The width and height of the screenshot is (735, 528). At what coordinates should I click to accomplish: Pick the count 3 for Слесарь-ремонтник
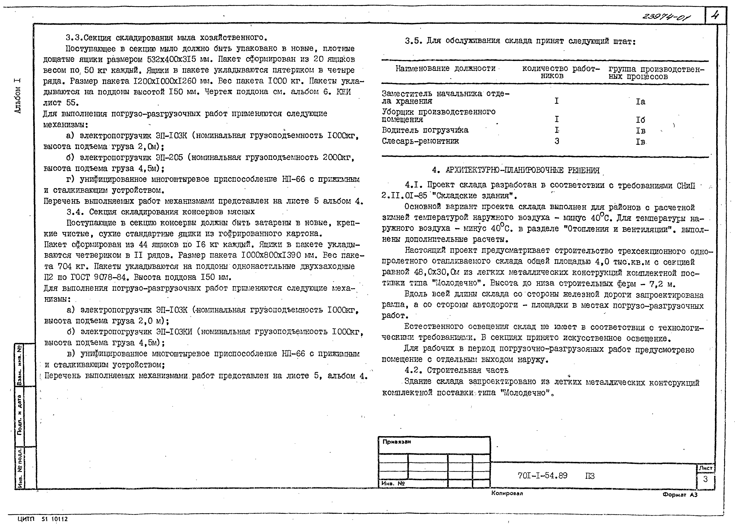(x=557, y=141)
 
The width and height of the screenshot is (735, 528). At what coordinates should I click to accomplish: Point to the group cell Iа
(x=640, y=102)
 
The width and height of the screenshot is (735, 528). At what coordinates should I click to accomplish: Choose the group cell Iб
(x=640, y=120)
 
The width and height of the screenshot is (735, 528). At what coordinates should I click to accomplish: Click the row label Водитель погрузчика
(x=425, y=130)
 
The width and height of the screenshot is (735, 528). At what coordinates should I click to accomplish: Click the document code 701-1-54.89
(x=543, y=475)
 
